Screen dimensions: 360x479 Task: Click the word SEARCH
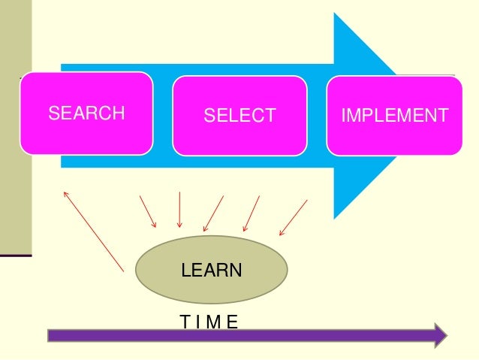[x=86, y=114]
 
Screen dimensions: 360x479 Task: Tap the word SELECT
[x=240, y=116]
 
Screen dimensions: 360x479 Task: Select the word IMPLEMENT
[x=394, y=116]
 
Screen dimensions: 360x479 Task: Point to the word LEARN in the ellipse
[x=212, y=270]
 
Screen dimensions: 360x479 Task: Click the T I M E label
[x=209, y=322]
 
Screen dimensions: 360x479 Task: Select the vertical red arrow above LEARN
[x=179, y=210]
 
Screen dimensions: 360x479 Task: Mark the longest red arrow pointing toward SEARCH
[x=94, y=230]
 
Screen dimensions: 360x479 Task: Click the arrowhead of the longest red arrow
[x=65, y=191]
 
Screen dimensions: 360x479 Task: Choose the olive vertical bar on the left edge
[x=16, y=128]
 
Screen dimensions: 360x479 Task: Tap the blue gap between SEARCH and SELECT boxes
[x=163, y=116]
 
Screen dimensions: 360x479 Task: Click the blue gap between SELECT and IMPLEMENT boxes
[x=317, y=116]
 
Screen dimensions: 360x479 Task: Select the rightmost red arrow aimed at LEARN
[x=293, y=217]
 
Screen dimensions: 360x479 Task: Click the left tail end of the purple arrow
[x=50, y=335]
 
